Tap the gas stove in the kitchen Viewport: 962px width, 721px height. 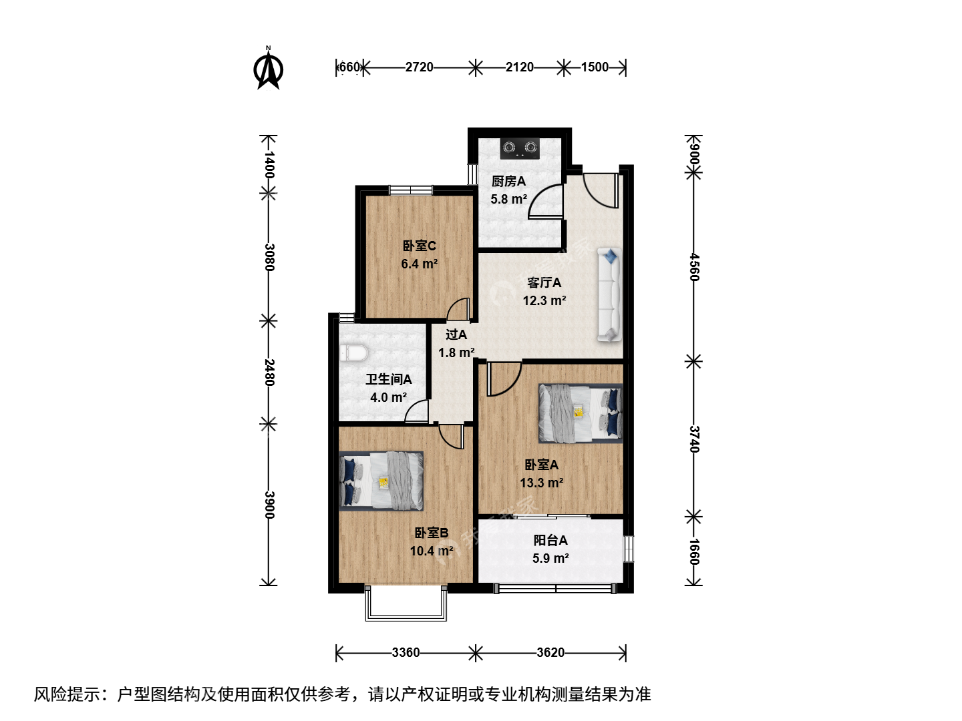pos(520,149)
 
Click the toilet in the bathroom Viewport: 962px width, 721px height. pos(353,353)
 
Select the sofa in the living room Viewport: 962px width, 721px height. pos(610,294)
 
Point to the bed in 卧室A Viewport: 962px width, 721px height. pos(581,413)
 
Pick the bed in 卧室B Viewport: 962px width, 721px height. pos(381,481)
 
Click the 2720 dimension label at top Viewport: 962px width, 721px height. pos(419,67)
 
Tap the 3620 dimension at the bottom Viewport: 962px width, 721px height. pos(550,652)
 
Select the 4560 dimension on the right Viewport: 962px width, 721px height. pos(695,266)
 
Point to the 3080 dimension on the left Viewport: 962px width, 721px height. pos(269,257)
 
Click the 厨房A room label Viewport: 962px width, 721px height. pos(508,181)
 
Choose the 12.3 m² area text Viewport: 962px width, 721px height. pos(544,300)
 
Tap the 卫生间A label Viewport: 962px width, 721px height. pos(389,379)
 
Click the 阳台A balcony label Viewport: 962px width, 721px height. pos(550,540)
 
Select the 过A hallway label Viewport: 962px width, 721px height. pos(456,334)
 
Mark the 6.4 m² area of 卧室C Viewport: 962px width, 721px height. pos(420,264)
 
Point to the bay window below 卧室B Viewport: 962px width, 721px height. pos(406,603)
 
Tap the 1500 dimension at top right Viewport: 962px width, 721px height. pos(595,67)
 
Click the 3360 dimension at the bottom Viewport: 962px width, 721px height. pos(406,652)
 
